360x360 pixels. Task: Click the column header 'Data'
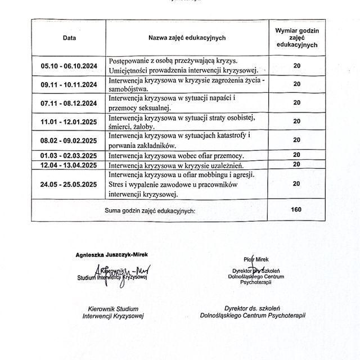pyautogui.click(x=69, y=38)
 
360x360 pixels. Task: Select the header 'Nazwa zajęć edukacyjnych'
pyautogui.click(x=187, y=38)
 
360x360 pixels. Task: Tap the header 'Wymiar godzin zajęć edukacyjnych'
pyautogui.click(x=297, y=38)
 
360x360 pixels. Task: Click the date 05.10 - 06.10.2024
pyautogui.click(x=69, y=65)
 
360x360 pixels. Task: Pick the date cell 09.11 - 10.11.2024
pyautogui.click(x=69, y=84)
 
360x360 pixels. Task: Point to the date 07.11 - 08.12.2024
pyautogui.click(x=69, y=103)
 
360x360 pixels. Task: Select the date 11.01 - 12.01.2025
pyautogui.click(x=69, y=121)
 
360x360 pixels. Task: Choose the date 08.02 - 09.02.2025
pyautogui.click(x=69, y=140)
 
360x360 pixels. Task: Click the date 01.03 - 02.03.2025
pyautogui.click(x=69, y=155)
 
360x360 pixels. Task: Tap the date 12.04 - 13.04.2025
pyautogui.click(x=69, y=165)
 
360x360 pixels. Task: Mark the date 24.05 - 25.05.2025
pyautogui.click(x=69, y=184)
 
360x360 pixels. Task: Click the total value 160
pyautogui.click(x=297, y=209)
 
